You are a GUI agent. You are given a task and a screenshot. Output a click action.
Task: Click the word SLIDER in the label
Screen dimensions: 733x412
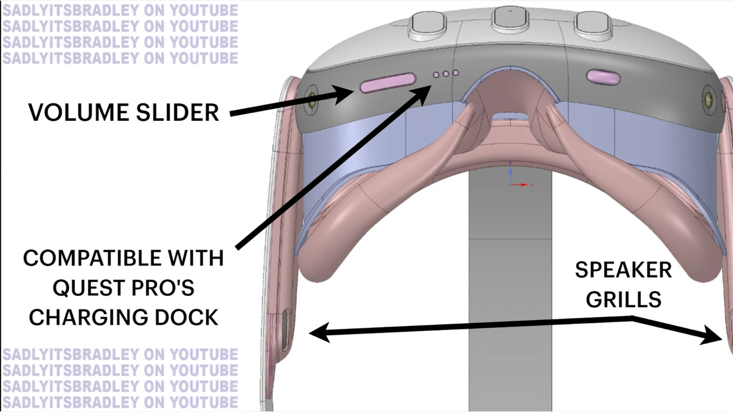tap(177, 112)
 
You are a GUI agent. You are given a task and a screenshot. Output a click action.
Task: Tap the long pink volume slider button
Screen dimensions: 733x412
tap(388, 82)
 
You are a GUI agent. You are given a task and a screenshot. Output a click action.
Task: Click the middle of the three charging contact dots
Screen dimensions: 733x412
tap(446, 74)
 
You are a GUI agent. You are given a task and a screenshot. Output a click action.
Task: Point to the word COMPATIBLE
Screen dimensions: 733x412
tap(93, 258)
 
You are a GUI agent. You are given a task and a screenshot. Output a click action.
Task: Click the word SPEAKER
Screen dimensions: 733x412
tap(624, 270)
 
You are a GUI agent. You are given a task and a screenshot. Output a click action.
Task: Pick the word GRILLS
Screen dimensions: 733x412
tap(624, 299)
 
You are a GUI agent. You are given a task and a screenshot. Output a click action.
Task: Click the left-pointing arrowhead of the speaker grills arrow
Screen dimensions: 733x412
tap(319, 333)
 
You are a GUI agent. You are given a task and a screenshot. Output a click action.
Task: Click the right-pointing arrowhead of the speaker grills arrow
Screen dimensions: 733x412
tap(712, 336)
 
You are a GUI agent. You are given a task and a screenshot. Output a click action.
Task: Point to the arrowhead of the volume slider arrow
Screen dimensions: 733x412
tap(343, 94)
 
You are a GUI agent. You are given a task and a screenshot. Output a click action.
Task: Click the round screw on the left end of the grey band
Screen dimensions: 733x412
tap(312, 97)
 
